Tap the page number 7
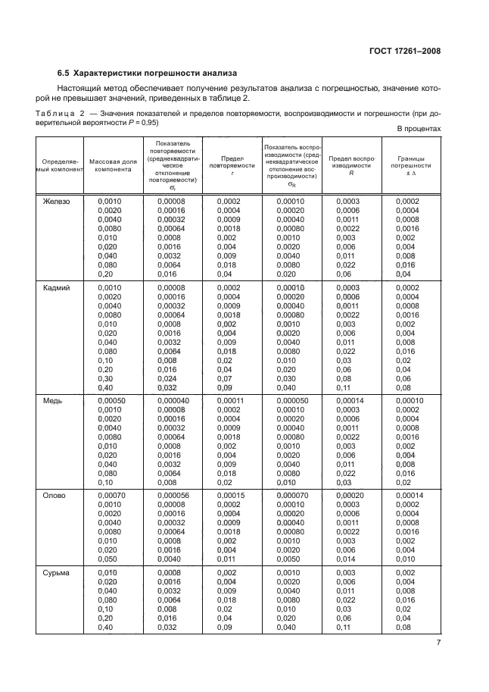coord(438,643)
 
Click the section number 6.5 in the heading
coord(63,74)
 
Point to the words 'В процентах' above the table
coord(419,129)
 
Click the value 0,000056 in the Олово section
coord(174,496)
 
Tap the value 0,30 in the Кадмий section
coord(106,378)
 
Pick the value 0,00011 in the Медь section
coord(232,401)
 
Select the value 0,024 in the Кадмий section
coord(167,378)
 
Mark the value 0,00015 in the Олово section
coord(232,496)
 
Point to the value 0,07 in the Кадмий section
coord(225,378)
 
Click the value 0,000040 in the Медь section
coord(174,401)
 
